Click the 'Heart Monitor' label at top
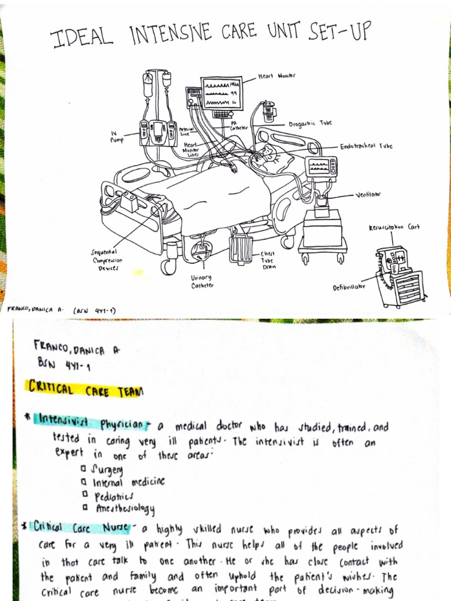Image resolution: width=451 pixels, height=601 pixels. pyautogui.click(x=277, y=76)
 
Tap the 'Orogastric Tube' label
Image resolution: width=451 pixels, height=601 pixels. pyautogui.click(x=310, y=124)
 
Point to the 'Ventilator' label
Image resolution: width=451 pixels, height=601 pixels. pyautogui.click(x=368, y=194)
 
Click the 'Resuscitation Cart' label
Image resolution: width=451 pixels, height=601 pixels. pyautogui.click(x=394, y=227)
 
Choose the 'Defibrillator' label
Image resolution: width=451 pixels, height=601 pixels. pyautogui.click(x=349, y=288)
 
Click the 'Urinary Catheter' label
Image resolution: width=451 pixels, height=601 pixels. pyautogui.click(x=201, y=281)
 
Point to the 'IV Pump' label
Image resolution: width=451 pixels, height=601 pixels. pyautogui.click(x=117, y=137)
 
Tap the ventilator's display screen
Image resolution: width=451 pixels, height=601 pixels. pyautogui.click(x=321, y=166)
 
